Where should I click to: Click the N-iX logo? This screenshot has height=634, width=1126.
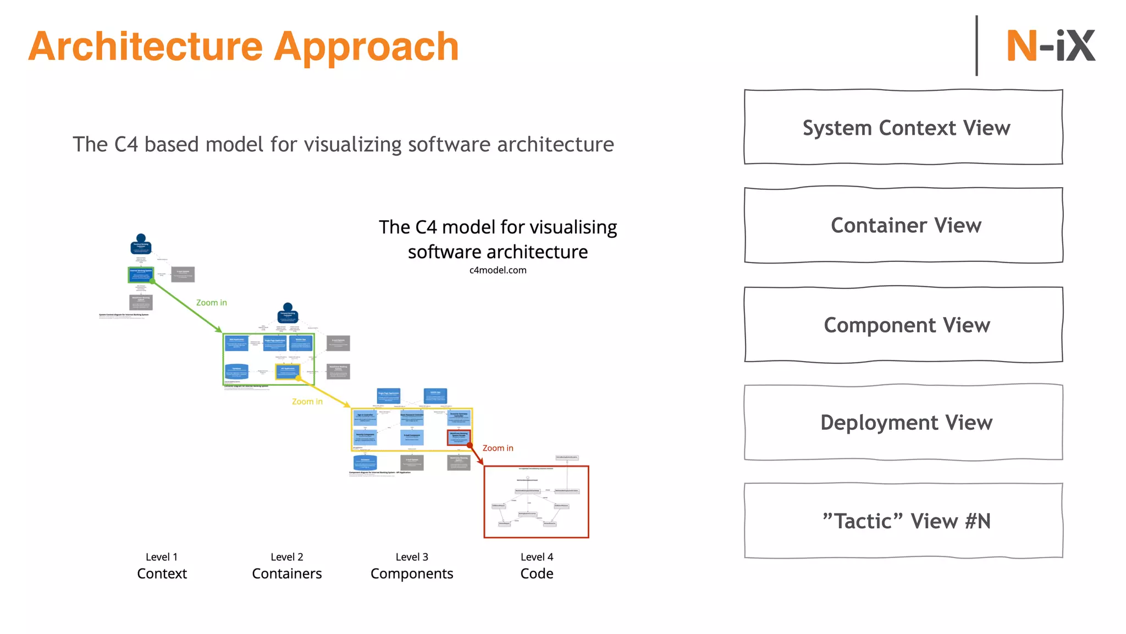[1050, 46]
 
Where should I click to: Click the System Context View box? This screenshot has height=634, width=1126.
[903, 127]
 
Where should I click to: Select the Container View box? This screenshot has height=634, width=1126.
[903, 225]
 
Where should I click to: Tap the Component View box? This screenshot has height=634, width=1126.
[903, 325]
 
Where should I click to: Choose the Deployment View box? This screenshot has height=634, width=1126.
[903, 422]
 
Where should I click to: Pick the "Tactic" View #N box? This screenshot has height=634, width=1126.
[903, 521]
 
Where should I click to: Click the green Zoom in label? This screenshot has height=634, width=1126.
[211, 303]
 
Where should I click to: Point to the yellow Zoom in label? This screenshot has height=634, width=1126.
[307, 402]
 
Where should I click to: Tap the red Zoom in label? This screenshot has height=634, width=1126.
[498, 448]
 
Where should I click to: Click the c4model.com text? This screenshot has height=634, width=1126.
[498, 270]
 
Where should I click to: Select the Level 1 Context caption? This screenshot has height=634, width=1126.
[162, 566]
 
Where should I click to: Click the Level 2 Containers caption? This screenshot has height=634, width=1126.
[286, 566]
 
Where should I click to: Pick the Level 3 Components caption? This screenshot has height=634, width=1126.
[412, 566]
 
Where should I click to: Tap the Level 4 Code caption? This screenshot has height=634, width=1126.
[537, 566]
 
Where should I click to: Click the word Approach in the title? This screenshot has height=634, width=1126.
[366, 47]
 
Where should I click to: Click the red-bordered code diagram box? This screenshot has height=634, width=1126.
[536, 501]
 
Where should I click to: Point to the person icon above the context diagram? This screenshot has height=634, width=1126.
[141, 244]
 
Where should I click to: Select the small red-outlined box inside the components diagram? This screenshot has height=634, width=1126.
[459, 437]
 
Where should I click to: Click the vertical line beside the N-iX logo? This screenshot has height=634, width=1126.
[976, 46]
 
